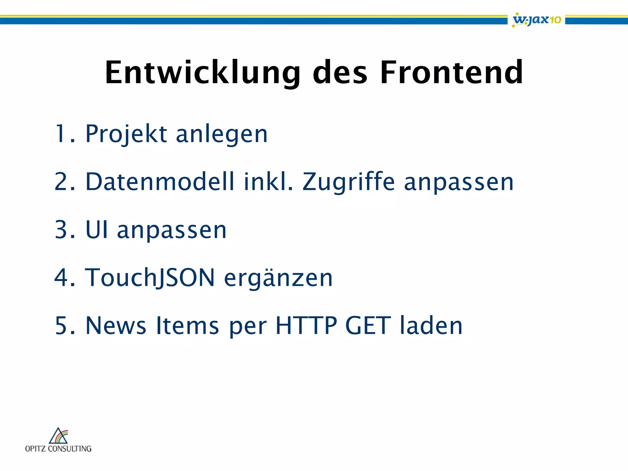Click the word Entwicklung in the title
point(202,73)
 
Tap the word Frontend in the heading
point(451,73)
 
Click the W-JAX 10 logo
point(537,20)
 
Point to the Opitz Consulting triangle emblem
point(59,436)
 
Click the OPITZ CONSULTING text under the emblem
point(58,449)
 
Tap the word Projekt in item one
point(126,134)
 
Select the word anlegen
point(222,134)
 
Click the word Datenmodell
point(160,182)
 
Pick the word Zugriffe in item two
point(349,182)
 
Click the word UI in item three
point(97,230)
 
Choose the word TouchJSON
point(150,278)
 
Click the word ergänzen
point(278,278)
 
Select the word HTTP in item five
point(306,325)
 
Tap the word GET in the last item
point(368,325)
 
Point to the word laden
point(431,325)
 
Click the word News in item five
point(116,325)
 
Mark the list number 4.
point(61,278)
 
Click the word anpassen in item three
point(172,230)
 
